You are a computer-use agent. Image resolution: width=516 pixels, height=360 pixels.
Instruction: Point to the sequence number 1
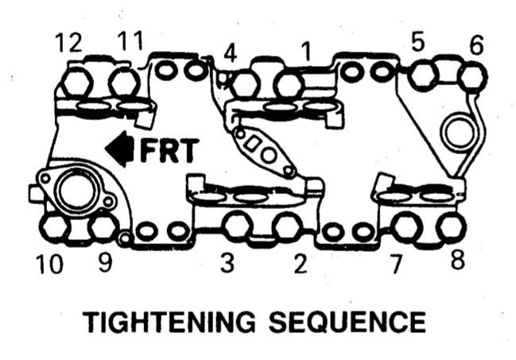click(x=305, y=52)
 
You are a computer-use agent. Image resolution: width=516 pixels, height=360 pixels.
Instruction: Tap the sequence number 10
click(x=48, y=263)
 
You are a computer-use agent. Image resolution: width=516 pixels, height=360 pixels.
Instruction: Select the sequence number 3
click(x=227, y=263)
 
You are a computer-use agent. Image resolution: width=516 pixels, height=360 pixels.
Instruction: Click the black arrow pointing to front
click(x=120, y=150)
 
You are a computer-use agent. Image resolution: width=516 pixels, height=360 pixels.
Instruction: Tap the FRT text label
click(x=167, y=150)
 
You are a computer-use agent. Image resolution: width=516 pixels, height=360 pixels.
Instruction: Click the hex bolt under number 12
click(x=76, y=81)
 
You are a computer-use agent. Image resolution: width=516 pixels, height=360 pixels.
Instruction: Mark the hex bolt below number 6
click(x=472, y=76)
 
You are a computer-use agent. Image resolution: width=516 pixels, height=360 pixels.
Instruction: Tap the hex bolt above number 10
click(x=53, y=228)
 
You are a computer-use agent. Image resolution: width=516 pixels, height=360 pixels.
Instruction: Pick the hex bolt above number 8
click(x=451, y=226)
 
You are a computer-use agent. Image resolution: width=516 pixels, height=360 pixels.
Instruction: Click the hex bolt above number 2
click(x=288, y=226)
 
